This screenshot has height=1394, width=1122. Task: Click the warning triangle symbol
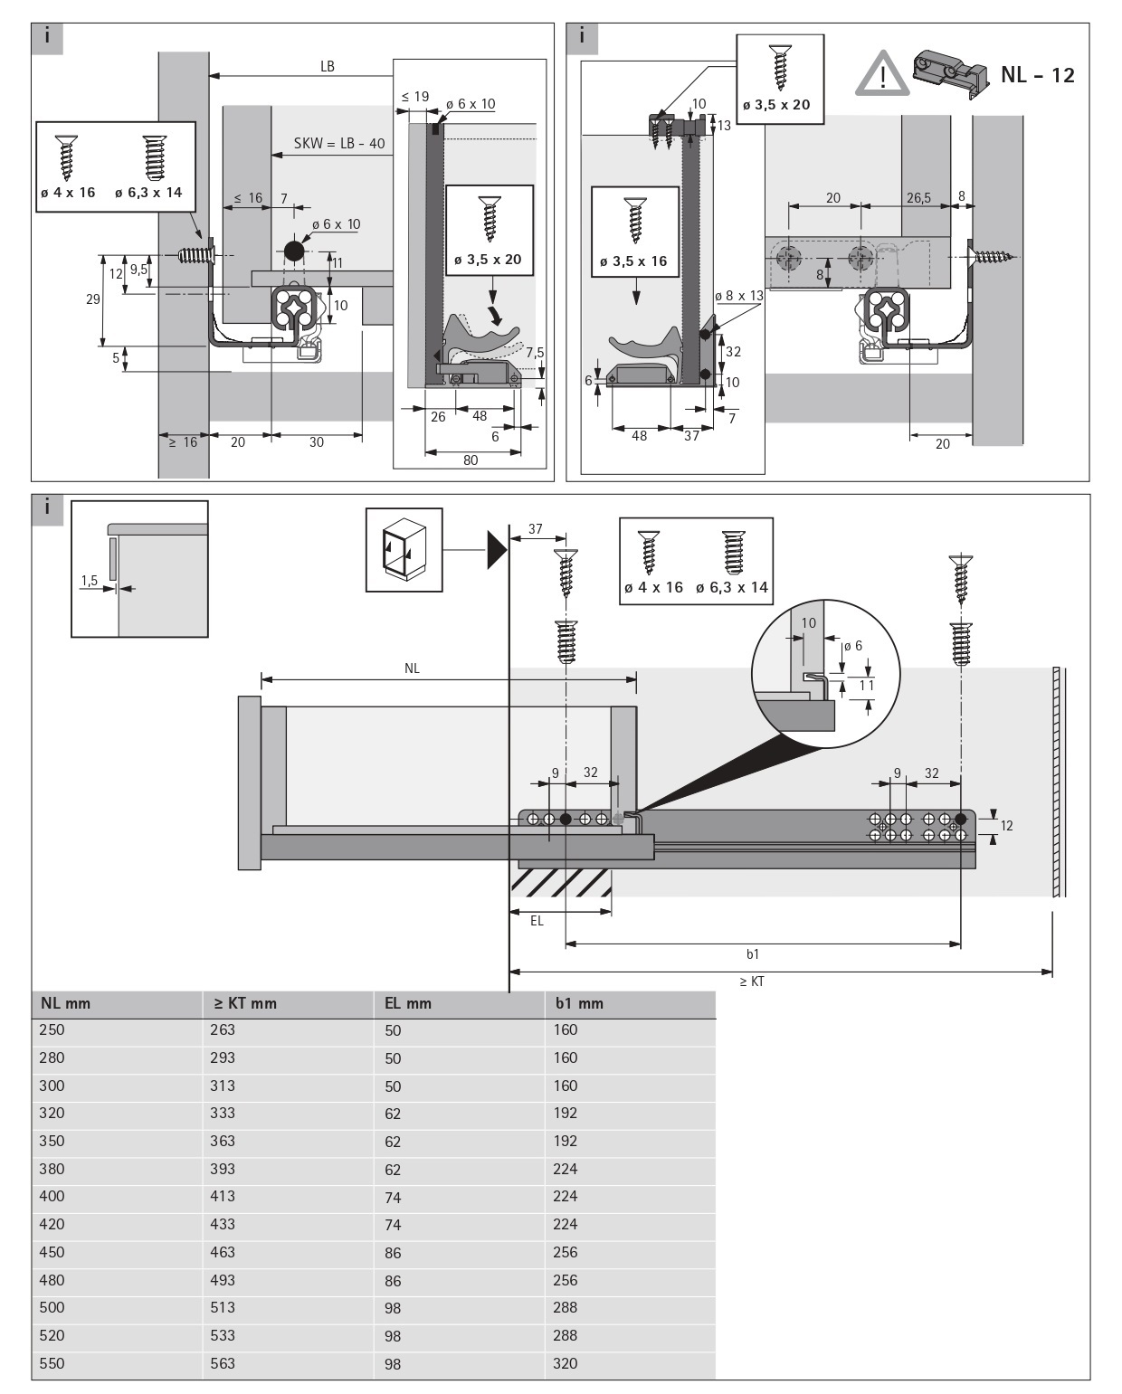point(881,74)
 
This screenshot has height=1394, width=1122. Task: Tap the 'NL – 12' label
point(1038,75)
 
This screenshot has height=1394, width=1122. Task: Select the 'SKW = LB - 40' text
point(339,144)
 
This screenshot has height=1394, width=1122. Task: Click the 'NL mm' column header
point(65,1003)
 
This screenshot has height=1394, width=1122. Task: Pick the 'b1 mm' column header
point(579,1003)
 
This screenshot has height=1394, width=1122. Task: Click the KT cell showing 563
point(223,1363)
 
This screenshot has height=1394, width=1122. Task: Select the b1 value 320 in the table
point(565,1363)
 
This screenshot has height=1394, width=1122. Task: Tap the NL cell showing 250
point(52,1029)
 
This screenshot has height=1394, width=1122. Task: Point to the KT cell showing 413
point(223,1196)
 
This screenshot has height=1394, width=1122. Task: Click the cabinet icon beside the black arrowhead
point(404,549)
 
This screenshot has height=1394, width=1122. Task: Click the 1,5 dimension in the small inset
point(88,581)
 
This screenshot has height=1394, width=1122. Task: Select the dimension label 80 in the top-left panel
point(471,460)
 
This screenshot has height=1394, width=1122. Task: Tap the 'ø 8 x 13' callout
point(738,296)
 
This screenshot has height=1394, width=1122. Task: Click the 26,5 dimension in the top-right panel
point(918,198)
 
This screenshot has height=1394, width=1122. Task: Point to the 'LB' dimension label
point(328,66)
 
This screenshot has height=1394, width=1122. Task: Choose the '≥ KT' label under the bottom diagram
point(752,981)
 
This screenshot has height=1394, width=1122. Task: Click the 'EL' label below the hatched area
point(537,921)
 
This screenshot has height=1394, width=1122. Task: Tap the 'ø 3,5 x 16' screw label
point(633,261)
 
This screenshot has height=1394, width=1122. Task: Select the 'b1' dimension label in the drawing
point(753,953)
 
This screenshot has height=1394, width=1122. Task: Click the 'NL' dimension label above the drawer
point(412,669)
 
